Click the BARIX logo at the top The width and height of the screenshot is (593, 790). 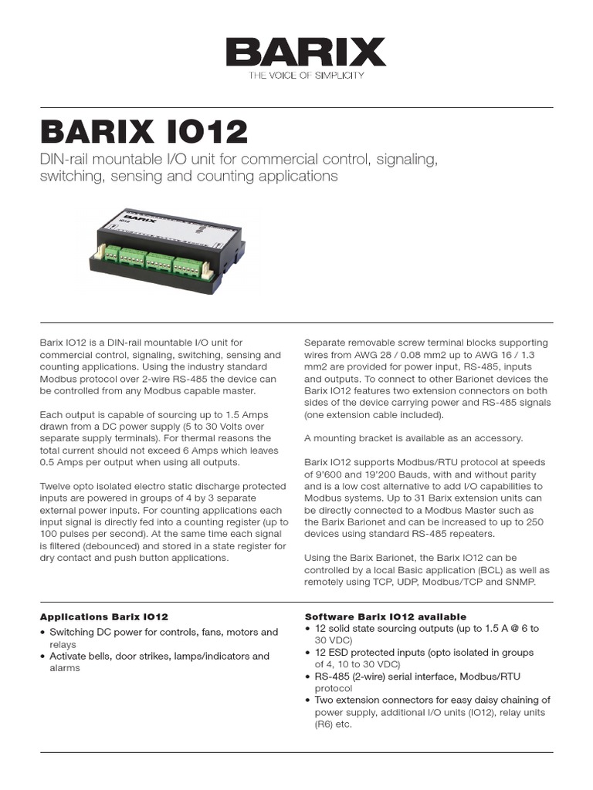point(306,52)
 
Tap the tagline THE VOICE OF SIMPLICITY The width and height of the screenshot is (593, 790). point(306,76)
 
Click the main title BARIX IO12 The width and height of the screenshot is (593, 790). point(144,133)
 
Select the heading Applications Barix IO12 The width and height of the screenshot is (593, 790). point(103,617)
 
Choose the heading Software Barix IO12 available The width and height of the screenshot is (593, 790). point(385,617)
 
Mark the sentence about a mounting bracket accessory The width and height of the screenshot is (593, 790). point(413,438)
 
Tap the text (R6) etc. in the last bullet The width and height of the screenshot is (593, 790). point(333,725)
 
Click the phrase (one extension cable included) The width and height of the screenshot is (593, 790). point(374,414)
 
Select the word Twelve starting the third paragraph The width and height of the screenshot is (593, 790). point(56,486)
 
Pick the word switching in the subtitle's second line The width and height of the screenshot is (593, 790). point(66,176)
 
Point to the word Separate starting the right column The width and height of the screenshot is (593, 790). point(327,343)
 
